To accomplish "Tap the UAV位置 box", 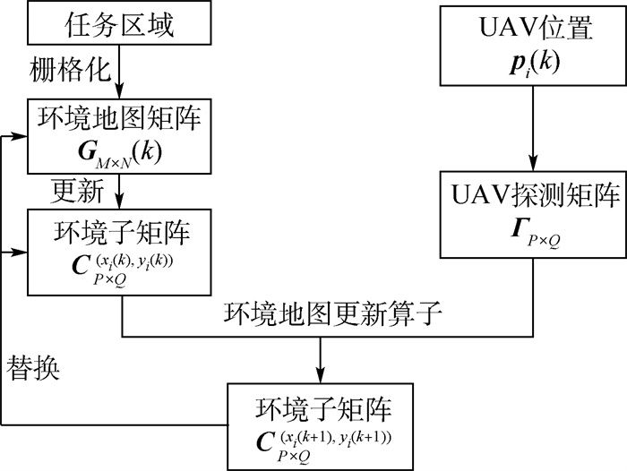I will (x=534, y=47).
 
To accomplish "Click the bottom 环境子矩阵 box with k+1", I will (x=320, y=424).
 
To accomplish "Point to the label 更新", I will (x=82, y=191).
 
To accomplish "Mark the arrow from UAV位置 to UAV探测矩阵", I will (x=535, y=132).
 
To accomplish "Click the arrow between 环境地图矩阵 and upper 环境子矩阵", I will (x=122, y=191).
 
